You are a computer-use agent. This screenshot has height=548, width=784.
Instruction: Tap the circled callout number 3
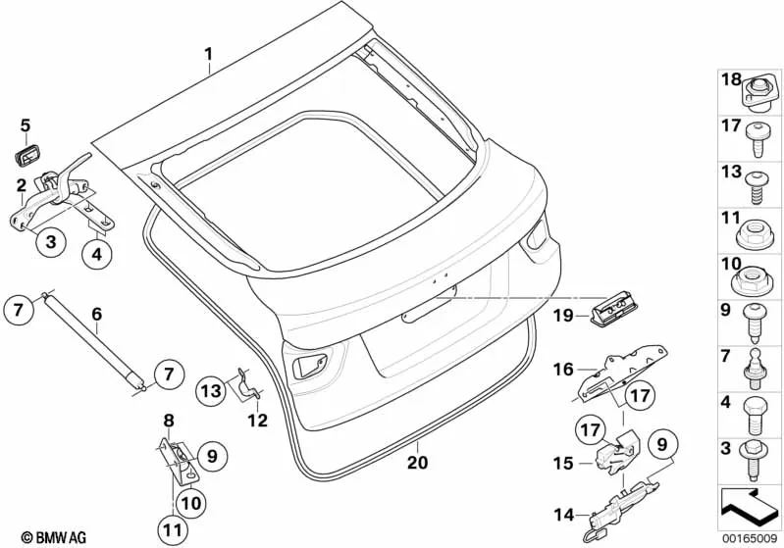click(51, 242)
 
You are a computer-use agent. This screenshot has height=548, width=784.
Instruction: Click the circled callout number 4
click(96, 254)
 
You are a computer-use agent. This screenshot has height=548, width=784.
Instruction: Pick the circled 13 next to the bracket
click(211, 389)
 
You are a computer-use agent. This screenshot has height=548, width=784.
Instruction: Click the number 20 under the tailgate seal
click(417, 462)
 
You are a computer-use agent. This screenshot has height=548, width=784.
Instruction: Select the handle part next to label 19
click(616, 313)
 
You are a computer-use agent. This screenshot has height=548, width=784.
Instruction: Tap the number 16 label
click(563, 370)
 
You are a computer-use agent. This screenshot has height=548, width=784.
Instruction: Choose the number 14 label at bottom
click(563, 514)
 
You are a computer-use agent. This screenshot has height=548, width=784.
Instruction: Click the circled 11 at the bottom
click(172, 530)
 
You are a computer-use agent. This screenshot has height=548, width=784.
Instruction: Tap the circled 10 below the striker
click(190, 503)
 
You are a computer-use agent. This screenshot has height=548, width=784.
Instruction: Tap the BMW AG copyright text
click(54, 537)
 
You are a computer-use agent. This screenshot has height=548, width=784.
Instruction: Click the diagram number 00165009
click(750, 538)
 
